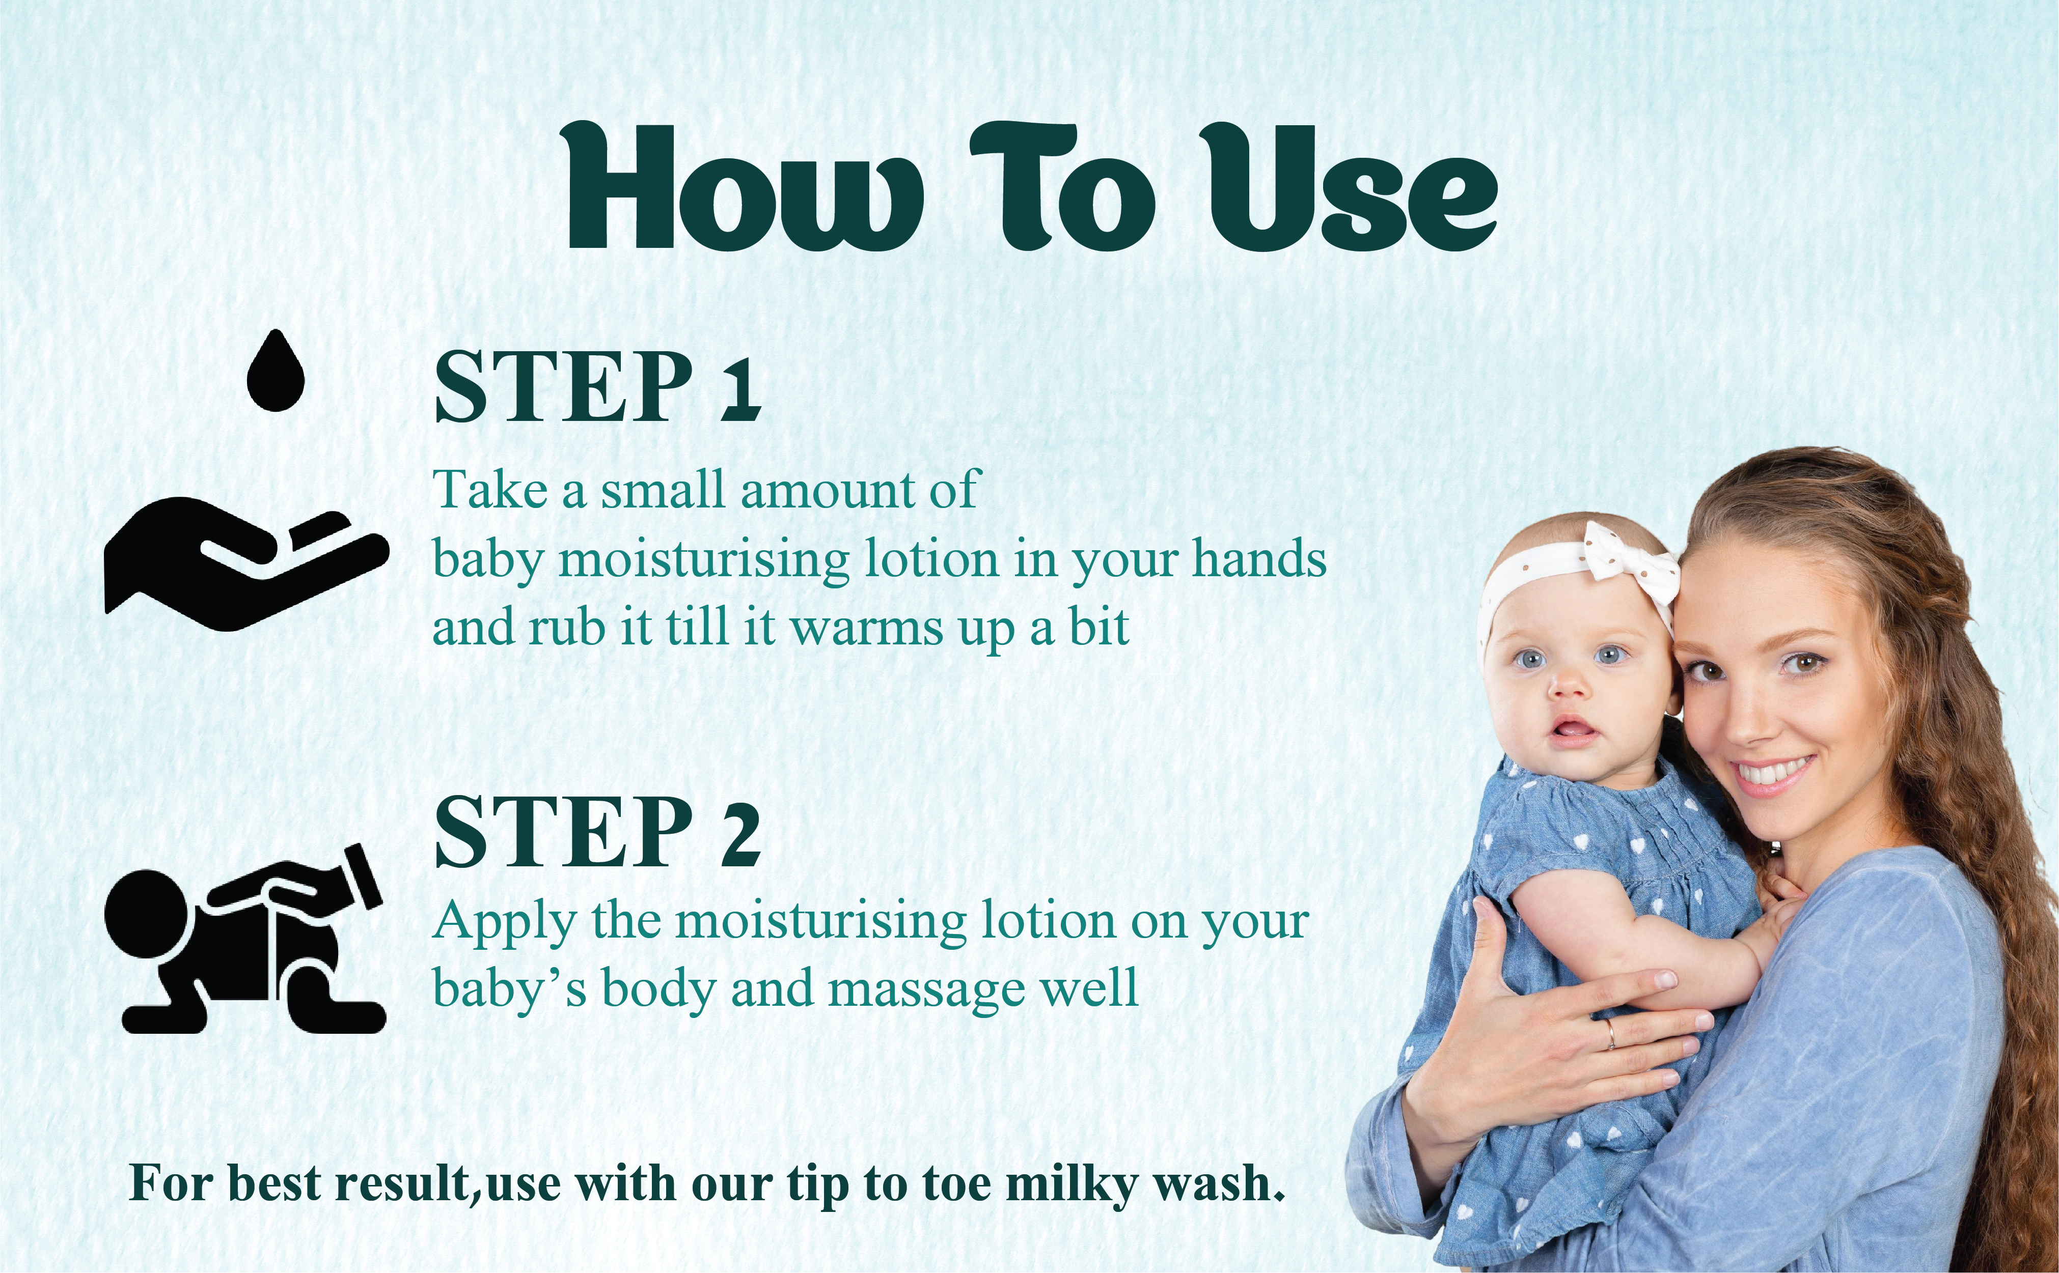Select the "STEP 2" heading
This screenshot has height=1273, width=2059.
[597, 832]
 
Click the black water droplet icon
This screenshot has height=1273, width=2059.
[274, 371]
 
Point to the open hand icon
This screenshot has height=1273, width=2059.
[246, 563]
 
